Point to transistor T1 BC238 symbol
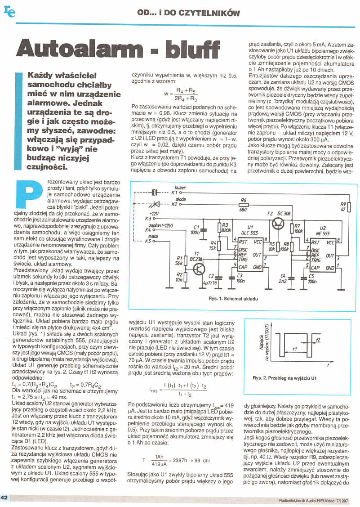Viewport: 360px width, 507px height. [x=198, y=269]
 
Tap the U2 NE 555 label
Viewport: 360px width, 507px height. [x=322, y=230]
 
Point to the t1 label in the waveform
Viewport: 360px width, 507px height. [x=294, y=349]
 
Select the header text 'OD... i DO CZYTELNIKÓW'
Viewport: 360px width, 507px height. [x=188, y=13]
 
